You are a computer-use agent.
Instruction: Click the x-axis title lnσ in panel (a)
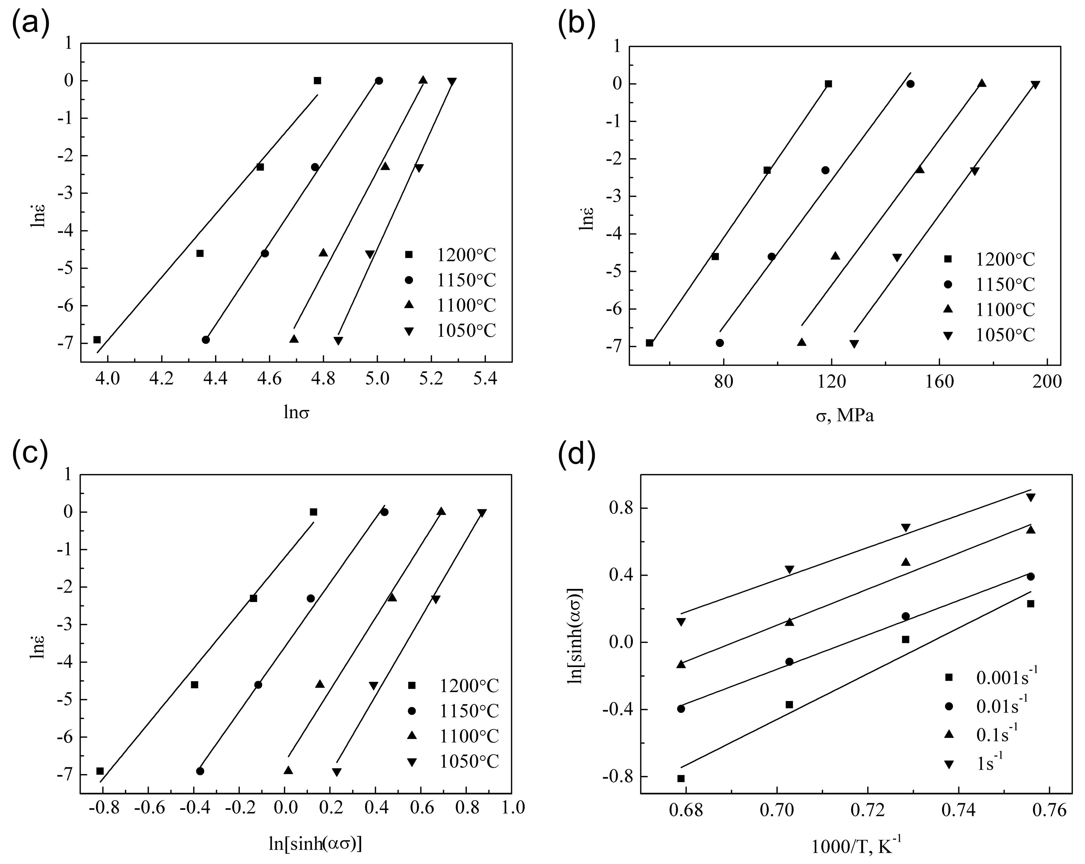click(296, 413)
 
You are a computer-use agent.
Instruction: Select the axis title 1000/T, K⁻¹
click(856, 847)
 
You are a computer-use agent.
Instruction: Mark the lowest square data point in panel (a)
click(97, 339)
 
